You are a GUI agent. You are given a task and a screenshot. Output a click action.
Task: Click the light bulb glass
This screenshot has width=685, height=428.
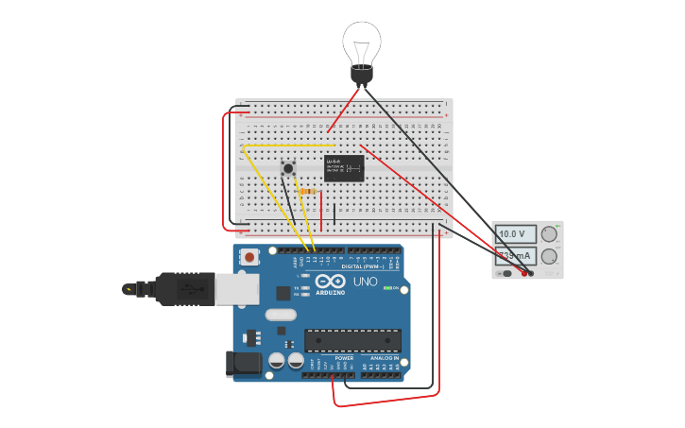[x=362, y=42]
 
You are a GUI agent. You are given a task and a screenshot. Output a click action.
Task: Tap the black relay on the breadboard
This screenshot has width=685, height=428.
[x=344, y=168]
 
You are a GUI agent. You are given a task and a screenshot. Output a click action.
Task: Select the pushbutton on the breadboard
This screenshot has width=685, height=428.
[x=288, y=169]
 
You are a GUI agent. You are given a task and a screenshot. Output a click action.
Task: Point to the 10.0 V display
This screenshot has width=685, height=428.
[x=515, y=233]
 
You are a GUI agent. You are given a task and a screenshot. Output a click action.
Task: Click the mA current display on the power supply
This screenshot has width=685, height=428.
[x=515, y=255]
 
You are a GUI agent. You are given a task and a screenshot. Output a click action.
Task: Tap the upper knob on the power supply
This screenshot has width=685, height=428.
[x=549, y=233]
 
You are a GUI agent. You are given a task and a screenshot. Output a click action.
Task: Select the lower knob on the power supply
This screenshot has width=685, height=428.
[x=549, y=256]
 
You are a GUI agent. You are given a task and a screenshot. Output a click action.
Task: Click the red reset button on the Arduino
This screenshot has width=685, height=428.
[x=249, y=257]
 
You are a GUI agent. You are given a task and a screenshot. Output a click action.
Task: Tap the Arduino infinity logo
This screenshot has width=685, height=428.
[x=331, y=282]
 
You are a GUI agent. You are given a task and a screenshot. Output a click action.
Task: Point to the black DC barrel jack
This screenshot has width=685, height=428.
[x=243, y=364]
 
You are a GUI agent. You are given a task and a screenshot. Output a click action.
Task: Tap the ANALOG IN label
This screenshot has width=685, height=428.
[x=384, y=358]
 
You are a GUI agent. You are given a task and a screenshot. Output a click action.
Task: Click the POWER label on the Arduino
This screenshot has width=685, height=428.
[x=344, y=358]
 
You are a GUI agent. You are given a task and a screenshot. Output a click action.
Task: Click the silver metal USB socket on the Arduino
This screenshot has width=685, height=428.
[x=237, y=289]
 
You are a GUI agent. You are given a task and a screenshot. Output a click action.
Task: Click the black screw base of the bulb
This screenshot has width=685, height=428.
[x=362, y=75]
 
